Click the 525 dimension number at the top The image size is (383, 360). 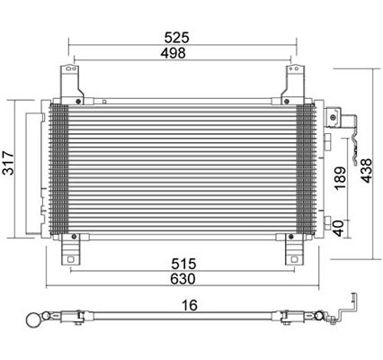click(177, 38)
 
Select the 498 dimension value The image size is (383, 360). click(173, 53)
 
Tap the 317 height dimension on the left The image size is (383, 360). click(8, 163)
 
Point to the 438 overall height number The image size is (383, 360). click(366, 170)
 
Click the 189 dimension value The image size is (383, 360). click(340, 178)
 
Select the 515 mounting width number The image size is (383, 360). click(183, 264)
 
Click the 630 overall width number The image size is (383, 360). click(183, 279)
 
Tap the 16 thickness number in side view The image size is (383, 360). click(190, 305)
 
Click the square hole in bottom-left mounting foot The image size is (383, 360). click(71, 259)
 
